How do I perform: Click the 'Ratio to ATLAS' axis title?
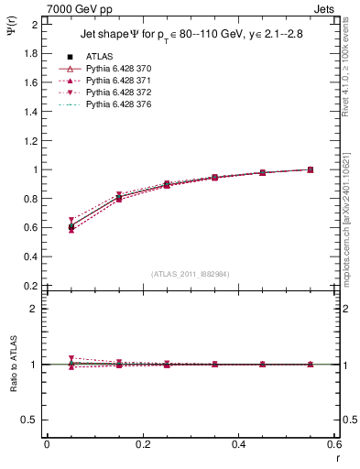pyautogui.click(x=14, y=365)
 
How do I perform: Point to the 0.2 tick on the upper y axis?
pyautogui.click(x=32, y=286)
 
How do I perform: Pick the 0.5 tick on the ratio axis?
pyautogui.click(x=32, y=420)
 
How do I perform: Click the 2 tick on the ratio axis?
pyautogui.click(x=36, y=309)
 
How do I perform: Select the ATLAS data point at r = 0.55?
pyautogui.click(x=311, y=169)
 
